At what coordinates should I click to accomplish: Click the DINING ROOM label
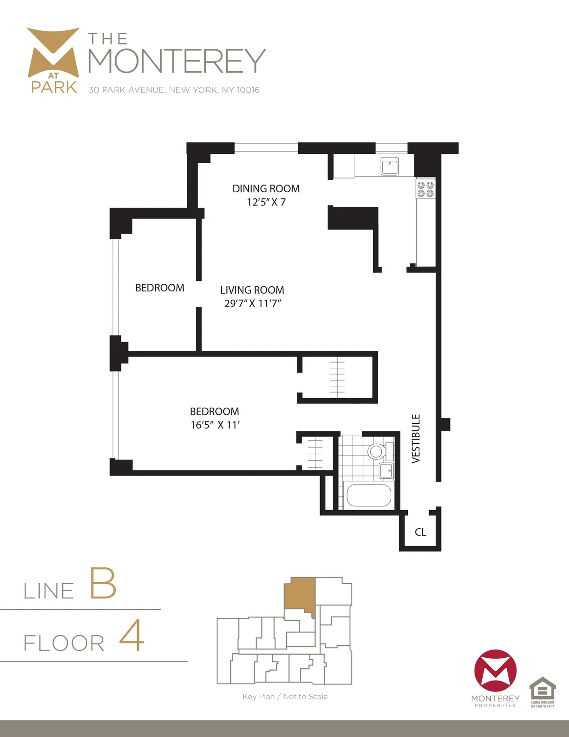266,189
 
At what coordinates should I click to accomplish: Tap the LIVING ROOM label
252,290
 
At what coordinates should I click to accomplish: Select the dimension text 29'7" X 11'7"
253,304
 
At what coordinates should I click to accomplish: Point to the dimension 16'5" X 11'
215,425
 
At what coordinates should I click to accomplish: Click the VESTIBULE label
416,438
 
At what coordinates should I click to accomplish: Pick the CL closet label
421,532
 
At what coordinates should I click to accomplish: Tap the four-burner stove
425,189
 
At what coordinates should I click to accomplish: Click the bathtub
369,495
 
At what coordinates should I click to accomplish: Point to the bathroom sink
386,471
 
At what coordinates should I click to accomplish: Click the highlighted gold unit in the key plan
299,593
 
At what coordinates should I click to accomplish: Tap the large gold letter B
103,583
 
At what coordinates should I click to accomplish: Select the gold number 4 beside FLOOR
132,635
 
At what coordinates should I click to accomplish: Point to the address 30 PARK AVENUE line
174,90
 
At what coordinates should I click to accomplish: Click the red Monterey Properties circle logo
496,671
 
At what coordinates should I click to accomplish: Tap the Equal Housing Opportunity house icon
542,689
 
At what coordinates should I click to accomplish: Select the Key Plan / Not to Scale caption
285,697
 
